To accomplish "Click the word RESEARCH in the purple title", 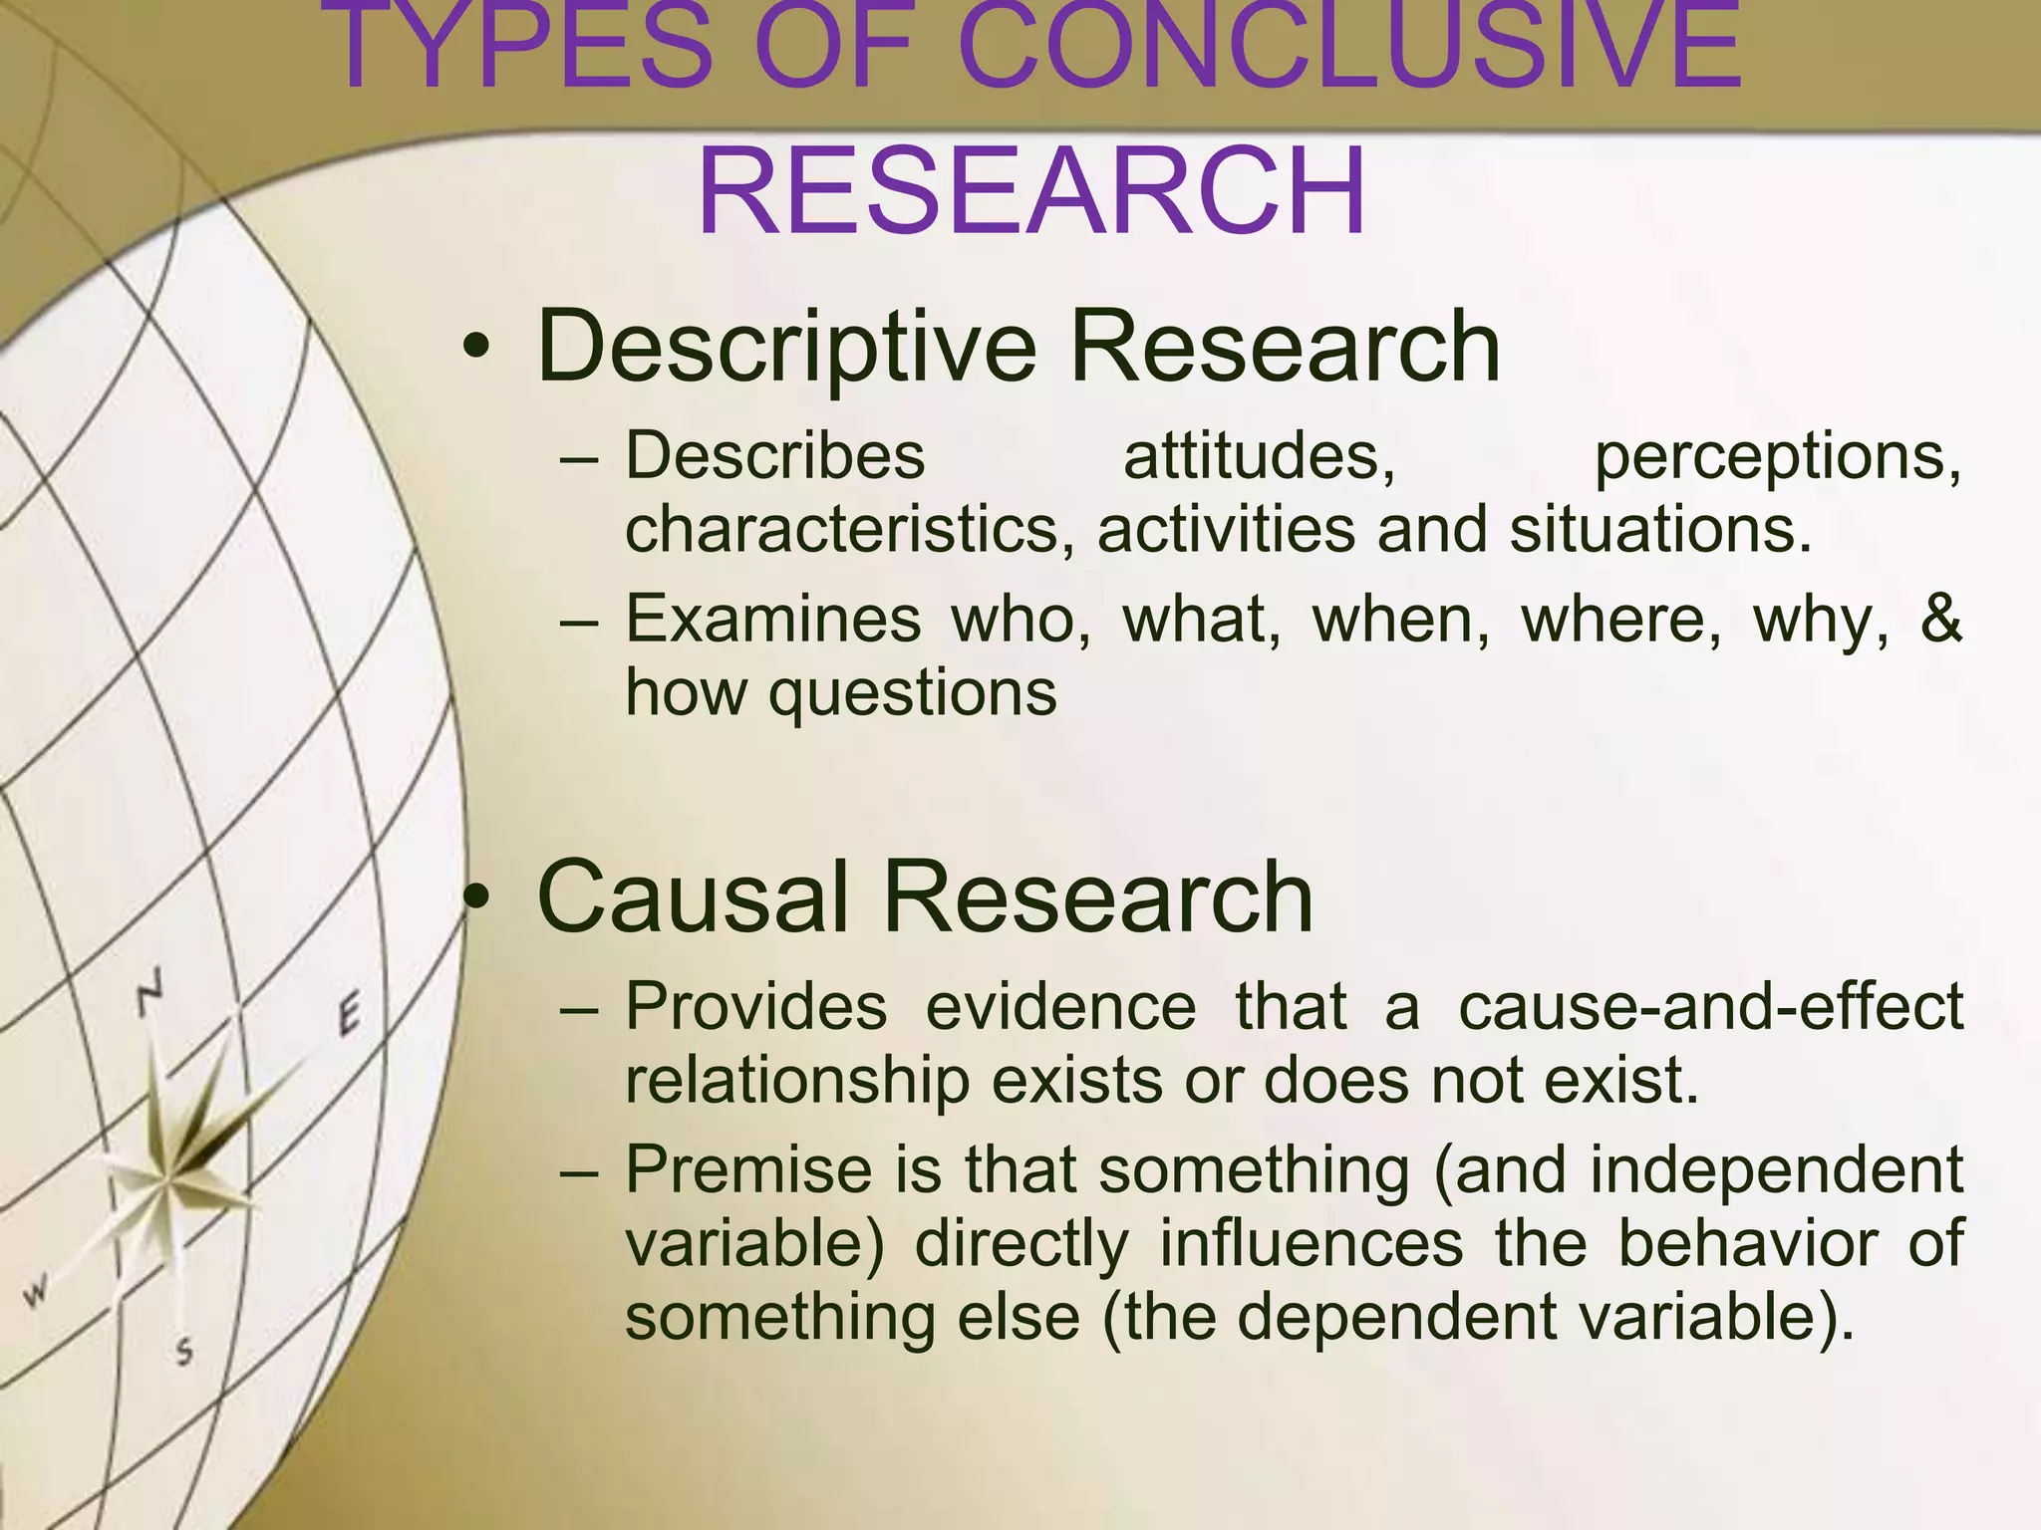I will pyautogui.click(x=1031, y=191).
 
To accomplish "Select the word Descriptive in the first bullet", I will pyautogui.click(x=787, y=347).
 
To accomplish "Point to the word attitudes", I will pyautogui.click(x=1259, y=457).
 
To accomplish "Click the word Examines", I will pyautogui.click(x=773, y=619).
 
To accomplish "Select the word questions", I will pyautogui.click(x=912, y=694).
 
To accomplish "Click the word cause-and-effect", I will pyautogui.click(x=1710, y=1006).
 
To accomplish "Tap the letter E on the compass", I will pyautogui.click(x=348, y=1016).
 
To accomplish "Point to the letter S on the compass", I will pyautogui.click(x=183, y=1352).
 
